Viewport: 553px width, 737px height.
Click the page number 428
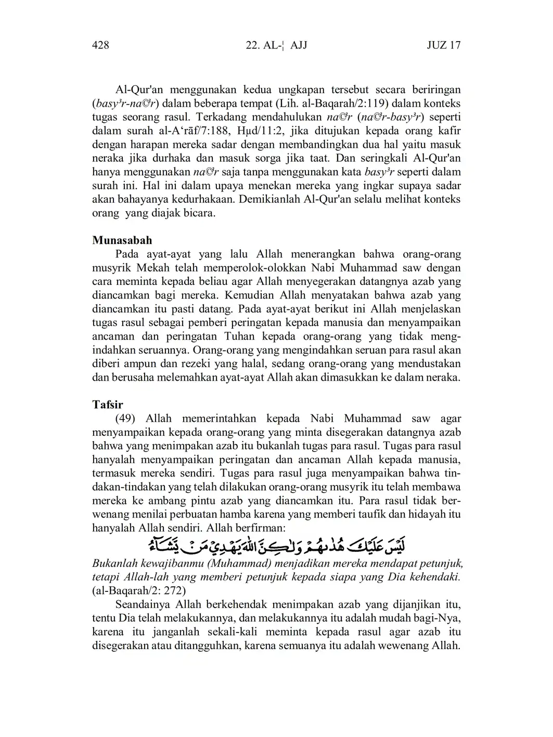pyautogui.click(x=100, y=45)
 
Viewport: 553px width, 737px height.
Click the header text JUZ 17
pyautogui.click(x=443, y=45)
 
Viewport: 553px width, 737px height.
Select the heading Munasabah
pyautogui.click(x=122, y=240)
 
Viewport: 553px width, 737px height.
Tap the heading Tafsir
pyautogui.click(x=108, y=404)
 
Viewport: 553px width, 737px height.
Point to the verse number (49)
pyautogui.click(x=126, y=419)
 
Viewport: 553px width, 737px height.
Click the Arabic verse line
pyautogui.click(x=276, y=546)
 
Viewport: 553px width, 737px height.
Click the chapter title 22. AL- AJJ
pyautogui.click(x=276, y=45)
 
